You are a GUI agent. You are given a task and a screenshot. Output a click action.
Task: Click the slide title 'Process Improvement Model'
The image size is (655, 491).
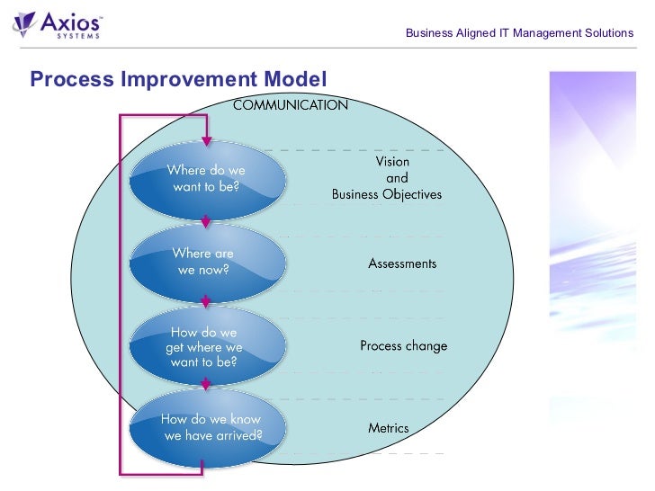pyautogui.click(x=177, y=79)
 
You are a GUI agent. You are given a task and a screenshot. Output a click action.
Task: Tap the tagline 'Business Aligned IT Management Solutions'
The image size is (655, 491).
pyautogui.click(x=519, y=33)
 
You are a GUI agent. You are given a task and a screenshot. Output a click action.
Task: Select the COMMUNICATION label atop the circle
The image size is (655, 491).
pyautogui.click(x=290, y=105)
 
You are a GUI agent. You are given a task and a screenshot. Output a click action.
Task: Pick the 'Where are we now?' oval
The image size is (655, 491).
pyautogui.click(x=206, y=262)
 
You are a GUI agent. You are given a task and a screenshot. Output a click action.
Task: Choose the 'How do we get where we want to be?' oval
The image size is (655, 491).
pyautogui.click(x=206, y=347)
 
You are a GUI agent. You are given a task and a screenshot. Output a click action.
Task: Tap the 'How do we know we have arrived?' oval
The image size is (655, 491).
pyautogui.click(x=210, y=427)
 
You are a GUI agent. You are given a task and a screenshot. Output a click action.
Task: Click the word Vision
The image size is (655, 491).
pyautogui.click(x=392, y=163)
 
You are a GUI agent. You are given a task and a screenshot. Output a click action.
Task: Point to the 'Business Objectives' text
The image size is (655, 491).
pyautogui.click(x=387, y=193)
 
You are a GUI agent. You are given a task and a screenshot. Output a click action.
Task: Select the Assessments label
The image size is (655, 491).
pyautogui.click(x=402, y=263)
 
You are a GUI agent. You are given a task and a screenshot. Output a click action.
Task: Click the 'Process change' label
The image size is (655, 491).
pyautogui.click(x=403, y=346)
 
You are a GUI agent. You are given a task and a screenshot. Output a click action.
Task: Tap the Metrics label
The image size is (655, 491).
pyautogui.click(x=389, y=428)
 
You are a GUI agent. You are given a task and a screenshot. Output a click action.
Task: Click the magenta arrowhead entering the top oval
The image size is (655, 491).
pyautogui.click(x=206, y=140)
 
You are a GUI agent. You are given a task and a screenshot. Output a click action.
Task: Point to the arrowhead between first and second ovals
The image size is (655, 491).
pyautogui.click(x=206, y=220)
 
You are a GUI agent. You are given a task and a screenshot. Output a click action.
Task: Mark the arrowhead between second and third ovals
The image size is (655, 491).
pyautogui.click(x=206, y=304)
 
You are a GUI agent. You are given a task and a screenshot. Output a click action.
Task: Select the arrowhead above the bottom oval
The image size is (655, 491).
pyautogui.click(x=206, y=385)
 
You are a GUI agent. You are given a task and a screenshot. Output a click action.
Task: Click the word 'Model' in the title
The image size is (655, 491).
pyautogui.click(x=294, y=79)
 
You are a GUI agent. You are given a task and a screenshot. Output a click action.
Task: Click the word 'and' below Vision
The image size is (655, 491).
pyautogui.click(x=397, y=178)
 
